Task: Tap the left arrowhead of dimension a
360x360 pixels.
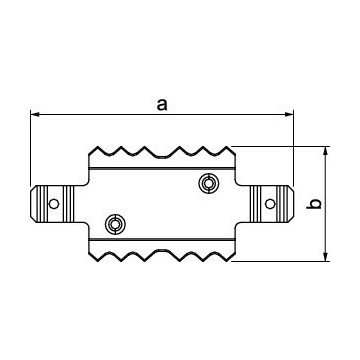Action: click(36, 114)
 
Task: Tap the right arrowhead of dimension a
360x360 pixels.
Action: click(292, 114)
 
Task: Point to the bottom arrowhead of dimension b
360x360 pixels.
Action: click(327, 258)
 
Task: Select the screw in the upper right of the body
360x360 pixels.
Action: click(209, 182)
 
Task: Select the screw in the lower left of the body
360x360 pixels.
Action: click(116, 223)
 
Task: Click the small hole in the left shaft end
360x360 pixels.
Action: click(54, 204)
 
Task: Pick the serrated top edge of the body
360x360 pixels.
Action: click(165, 153)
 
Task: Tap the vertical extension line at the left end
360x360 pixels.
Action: click(31, 150)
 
